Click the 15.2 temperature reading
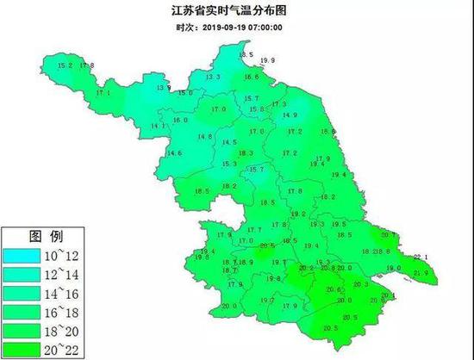tap(63, 65)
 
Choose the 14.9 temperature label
tap(290, 115)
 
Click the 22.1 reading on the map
tap(421, 257)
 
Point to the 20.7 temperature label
tap(388, 234)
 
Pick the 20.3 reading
tap(360, 284)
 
